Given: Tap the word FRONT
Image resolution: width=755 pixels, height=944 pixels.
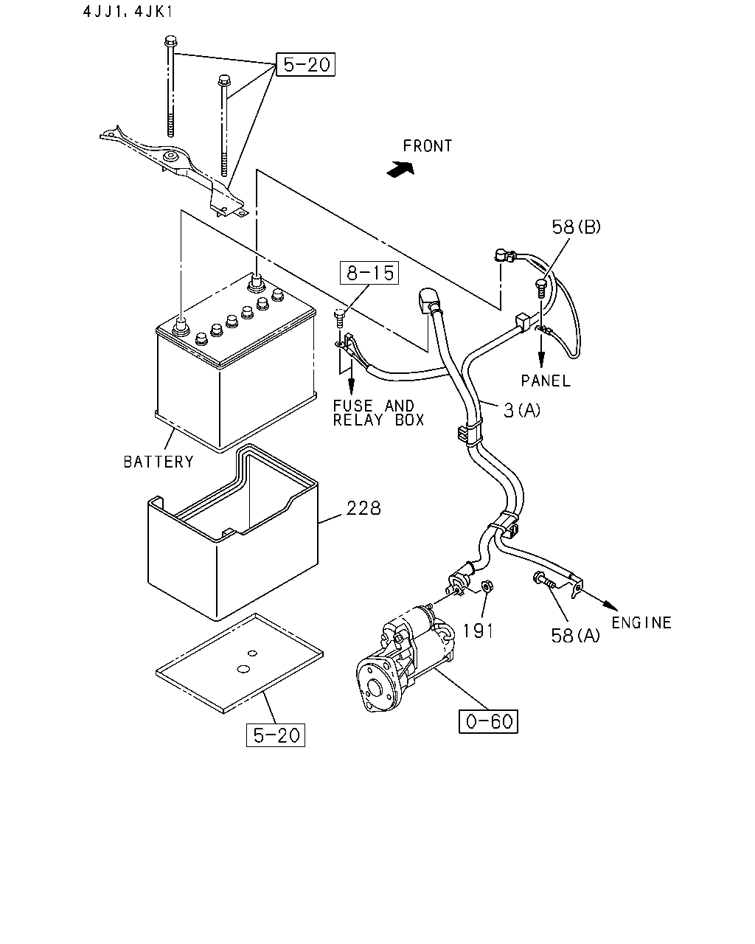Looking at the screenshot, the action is click(x=428, y=146).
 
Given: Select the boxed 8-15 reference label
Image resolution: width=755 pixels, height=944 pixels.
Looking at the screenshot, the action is click(x=369, y=273).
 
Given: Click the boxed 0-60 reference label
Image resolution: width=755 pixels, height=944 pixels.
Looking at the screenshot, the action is click(x=488, y=721).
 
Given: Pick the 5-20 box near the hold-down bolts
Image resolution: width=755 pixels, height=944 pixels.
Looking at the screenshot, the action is click(x=305, y=64).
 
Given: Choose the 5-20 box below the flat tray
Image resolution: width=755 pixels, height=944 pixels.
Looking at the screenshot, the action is click(x=276, y=735).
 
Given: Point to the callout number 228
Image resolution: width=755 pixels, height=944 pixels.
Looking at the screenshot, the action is click(x=363, y=508).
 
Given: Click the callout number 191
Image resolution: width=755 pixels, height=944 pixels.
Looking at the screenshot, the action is click(x=479, y=631).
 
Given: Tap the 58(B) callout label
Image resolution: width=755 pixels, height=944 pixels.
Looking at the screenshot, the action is click(x=576, y=227).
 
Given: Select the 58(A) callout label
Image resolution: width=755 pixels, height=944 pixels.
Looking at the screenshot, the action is click(x=575, y=635).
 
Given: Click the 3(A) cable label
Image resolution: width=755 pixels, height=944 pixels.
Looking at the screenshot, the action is click(x=522, y=410).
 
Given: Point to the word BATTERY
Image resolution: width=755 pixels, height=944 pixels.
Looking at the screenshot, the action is click(x=159, y=462).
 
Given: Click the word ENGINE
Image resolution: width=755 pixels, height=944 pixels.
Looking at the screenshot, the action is click(x=641, y=622).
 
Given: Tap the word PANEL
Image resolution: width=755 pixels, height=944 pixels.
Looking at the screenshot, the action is click(x=546, y=381).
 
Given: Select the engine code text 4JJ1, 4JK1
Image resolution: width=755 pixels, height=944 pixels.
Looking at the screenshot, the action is click(x=128, y=11).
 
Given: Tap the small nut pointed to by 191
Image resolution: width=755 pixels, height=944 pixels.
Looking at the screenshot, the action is click(x=486, y=586).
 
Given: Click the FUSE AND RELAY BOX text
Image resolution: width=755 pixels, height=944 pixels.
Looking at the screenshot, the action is click(x=378, y=413).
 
